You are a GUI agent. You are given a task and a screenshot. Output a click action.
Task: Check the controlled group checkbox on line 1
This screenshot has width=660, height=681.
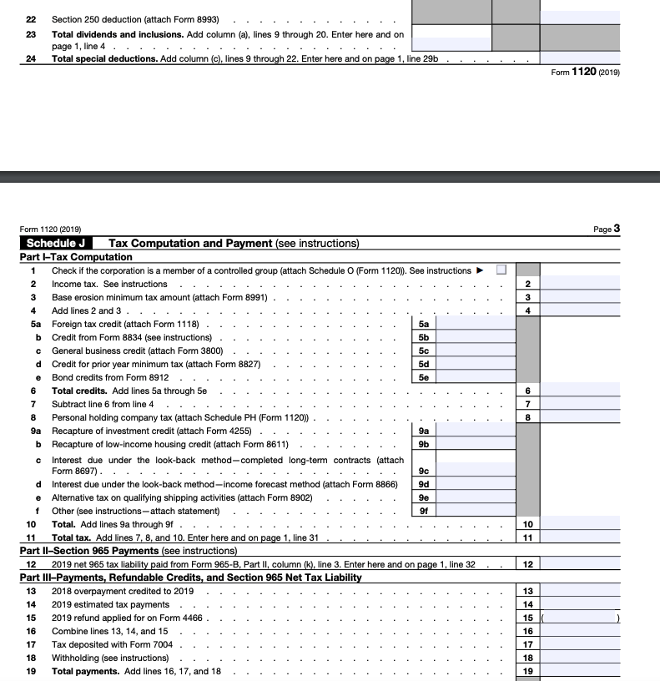click(x=501, y=270)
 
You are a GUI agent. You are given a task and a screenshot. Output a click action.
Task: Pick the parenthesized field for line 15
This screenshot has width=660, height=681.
click(x=581, y=618)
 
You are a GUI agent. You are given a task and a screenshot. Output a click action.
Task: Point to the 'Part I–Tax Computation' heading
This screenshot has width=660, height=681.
click(x=76, y=257)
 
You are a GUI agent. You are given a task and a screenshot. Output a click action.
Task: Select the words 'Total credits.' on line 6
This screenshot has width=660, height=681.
click(x=79, y=391)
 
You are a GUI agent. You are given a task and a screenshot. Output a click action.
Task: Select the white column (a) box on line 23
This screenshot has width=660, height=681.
click(x=451, y=32)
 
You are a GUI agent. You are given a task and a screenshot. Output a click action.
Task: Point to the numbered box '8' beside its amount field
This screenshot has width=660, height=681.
click(x=527, y=417)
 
